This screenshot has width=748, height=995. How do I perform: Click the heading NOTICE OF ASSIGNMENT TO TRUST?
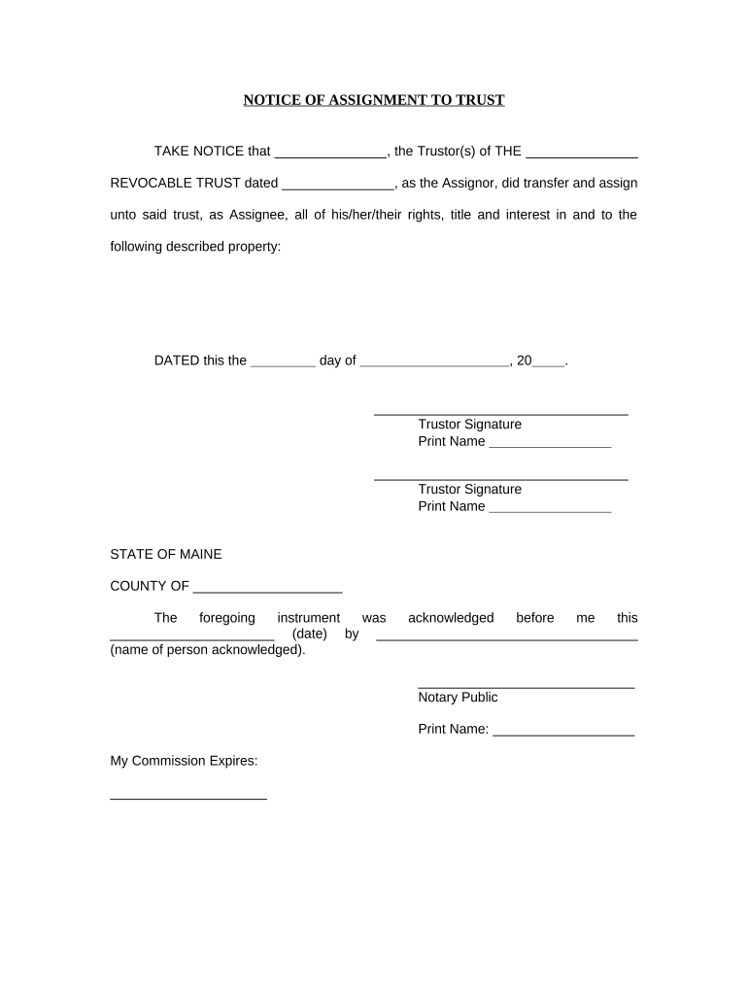pos(373,100)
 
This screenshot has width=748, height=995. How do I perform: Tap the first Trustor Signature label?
pos(469,425)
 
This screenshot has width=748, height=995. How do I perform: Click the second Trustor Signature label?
pos(469,490)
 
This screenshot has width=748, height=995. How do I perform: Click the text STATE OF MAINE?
pos(165,555)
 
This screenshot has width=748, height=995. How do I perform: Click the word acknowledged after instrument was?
pos(451,618)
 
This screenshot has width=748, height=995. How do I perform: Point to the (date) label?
pos(308,635)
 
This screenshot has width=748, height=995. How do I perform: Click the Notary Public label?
pos(458,698)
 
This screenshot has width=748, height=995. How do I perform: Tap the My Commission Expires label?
pos(184,762)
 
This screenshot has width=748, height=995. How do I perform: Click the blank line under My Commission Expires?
pos(188,797)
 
